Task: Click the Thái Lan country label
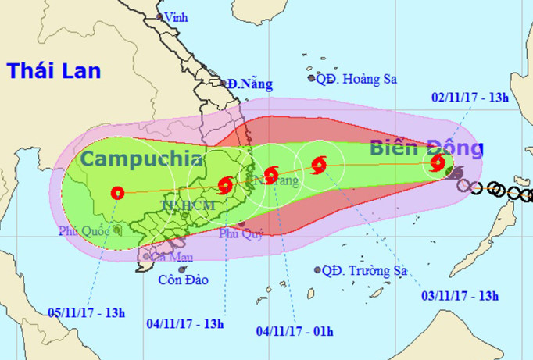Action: [54, 71]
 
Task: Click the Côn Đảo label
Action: [183, 280]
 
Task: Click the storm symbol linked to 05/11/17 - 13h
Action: [118, 193]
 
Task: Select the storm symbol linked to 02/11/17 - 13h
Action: [438, 163]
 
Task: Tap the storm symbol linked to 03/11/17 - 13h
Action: [318, 165]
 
